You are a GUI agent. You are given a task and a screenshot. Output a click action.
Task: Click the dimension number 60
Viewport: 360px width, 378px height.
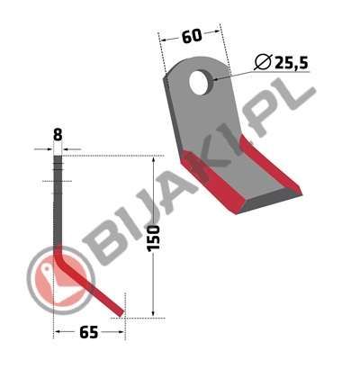coord(192,37)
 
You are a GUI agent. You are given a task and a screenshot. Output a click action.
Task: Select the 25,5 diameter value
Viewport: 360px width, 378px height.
coord(292,63)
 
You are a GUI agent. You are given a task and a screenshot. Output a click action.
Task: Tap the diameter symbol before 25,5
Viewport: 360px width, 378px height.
coord(263,62)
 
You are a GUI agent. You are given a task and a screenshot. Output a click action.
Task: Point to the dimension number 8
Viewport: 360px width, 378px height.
coord(58,135)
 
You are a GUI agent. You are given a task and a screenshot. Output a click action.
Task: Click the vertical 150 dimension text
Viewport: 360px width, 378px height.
coord(154,238)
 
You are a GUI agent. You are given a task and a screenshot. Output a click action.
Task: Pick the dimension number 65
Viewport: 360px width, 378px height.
coord(89,332)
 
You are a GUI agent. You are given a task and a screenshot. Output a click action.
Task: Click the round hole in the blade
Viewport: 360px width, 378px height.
coord(200,82)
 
